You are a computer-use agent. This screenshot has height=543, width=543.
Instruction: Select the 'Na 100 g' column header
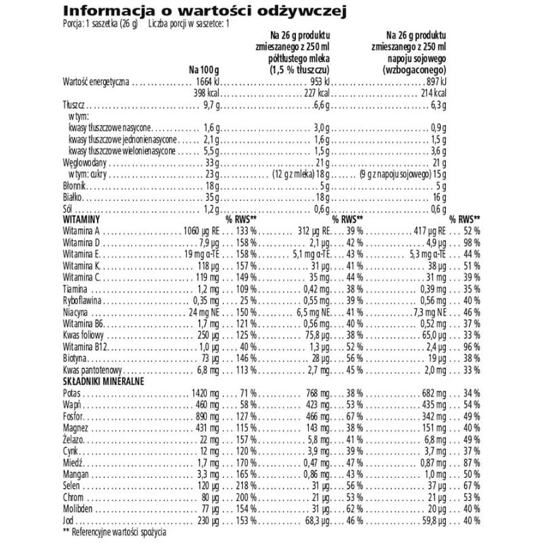coord(206,69)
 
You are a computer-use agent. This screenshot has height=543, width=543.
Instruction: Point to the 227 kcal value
coord(316,92)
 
